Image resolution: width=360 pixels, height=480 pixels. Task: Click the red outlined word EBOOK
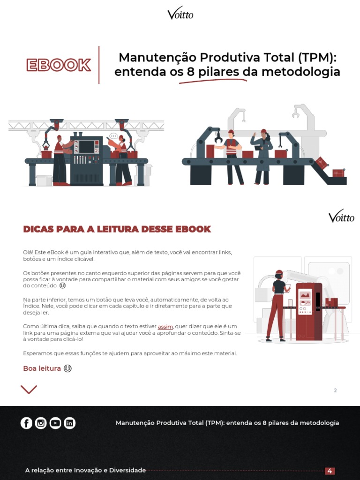click(x=59, y=65)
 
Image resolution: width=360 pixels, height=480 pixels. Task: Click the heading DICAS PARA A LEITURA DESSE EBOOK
click(x=117, y=229)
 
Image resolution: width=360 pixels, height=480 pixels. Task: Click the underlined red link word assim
click(x=165, y=326)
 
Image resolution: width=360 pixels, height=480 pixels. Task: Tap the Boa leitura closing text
click(x=42, y=368)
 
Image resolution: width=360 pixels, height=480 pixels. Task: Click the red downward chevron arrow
click(x=29, y=389)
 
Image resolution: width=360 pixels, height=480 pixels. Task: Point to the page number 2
click(x=335, y=390)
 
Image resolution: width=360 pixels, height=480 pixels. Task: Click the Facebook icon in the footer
click(x=26, y=423)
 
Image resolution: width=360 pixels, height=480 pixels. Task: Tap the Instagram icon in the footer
click(x=41, y=423)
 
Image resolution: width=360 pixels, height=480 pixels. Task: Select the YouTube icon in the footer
click(x=55, y=423)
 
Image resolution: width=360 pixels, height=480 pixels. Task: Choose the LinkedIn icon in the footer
click(x=70, y=423)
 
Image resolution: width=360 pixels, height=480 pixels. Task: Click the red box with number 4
click(x=330, y=471)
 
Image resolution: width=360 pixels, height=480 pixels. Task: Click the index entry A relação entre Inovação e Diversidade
click(x=85, y=470)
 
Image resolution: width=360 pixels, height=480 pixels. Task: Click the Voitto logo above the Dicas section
click(x=341, y=217)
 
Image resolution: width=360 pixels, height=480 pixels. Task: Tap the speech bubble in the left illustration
click(x=112, y=136)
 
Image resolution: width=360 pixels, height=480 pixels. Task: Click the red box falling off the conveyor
click(x=322, y=163)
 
